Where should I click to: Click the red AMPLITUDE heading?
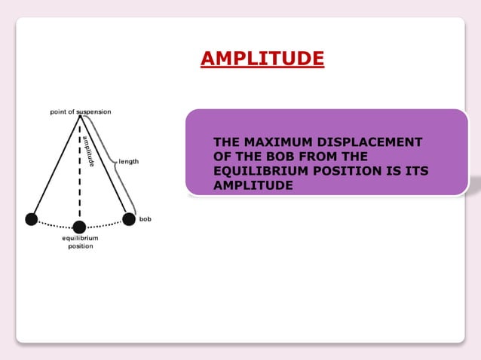tap(262, 58)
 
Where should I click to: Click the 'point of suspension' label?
tap(80, 111)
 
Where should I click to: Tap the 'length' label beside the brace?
tap(128, 161)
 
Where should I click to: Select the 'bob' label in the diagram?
tap(146, 218)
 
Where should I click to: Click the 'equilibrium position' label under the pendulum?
tap(79, 242)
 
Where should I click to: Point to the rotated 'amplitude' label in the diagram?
tap(88, 150)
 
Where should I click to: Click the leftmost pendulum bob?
tap(31, 219)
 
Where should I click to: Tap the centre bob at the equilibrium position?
tap(79, 226)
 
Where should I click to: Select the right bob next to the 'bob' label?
tap(129, 218)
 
